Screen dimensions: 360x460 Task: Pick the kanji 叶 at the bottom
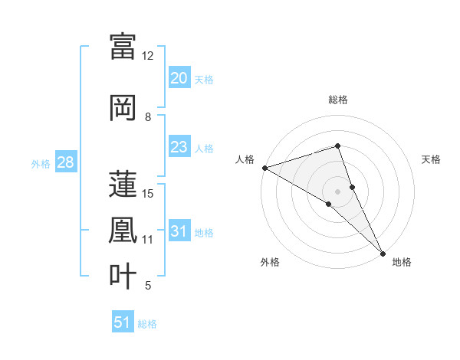point(123,276)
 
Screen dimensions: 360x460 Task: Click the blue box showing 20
point(179,78)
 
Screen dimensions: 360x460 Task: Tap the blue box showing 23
point(179,147)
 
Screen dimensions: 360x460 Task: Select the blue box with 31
point(179,231)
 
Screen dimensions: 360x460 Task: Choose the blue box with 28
point(65,162)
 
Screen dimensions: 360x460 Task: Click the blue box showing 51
point(123,322)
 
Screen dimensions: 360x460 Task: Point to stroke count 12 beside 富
point(148,56)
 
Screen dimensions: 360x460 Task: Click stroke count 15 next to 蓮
point(148,193)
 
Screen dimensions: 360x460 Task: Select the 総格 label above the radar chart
point(337,100)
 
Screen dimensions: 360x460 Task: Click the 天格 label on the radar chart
point(431,159)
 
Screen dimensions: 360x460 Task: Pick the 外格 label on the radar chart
point(270,262)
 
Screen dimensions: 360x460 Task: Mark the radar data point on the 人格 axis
point(264,167)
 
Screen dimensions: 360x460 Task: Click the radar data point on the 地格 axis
point(383,252)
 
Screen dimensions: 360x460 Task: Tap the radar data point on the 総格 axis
point(337,146)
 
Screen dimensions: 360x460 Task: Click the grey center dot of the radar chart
point(337,191)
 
